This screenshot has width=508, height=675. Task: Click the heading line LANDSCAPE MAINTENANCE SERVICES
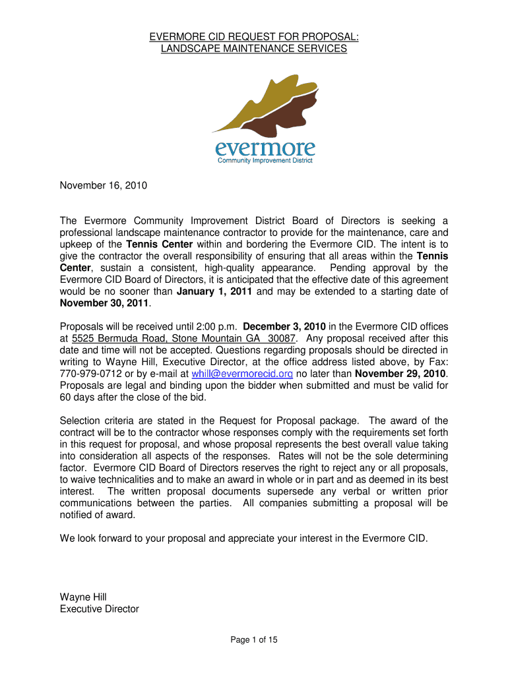[254, 49]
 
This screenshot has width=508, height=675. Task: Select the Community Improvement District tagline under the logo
[265, 160]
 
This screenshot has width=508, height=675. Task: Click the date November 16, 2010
[103, 186]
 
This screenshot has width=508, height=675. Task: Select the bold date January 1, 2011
[214, 291]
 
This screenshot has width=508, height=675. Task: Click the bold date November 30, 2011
[105, 303]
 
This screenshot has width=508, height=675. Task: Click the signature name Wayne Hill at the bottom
[83, 597]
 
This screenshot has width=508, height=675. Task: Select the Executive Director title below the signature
[99, 609]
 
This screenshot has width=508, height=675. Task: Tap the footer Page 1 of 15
[254, 639]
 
